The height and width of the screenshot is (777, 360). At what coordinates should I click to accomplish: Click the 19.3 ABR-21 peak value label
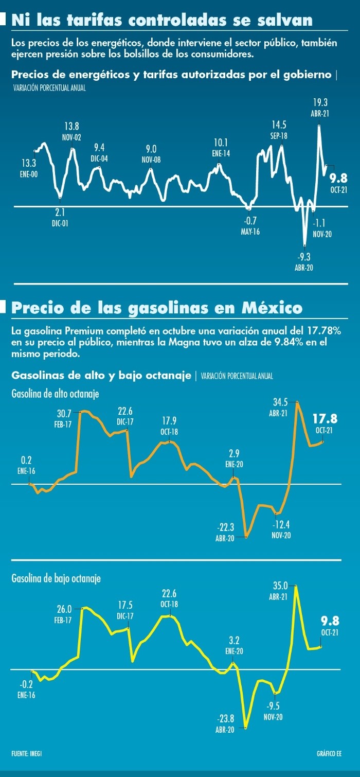320,107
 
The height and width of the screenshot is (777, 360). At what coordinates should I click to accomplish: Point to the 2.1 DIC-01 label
60,217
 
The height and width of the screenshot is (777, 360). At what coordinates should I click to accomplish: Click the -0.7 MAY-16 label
249,226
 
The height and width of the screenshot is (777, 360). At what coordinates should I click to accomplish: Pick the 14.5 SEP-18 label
279,129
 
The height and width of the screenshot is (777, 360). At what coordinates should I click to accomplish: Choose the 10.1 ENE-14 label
221,147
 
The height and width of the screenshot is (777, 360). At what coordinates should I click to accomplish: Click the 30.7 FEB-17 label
64,417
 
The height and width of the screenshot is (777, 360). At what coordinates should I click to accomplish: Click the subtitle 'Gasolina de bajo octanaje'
56,578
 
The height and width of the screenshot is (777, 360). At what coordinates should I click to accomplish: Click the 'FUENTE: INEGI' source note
27,753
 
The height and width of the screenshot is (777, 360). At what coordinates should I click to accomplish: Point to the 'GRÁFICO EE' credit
329,753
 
